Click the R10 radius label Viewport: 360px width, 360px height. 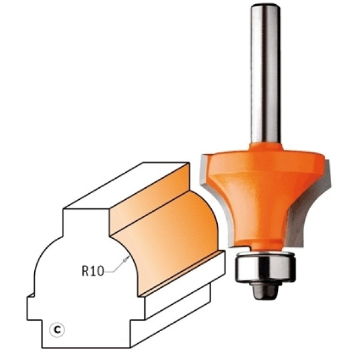[x=93, y=271]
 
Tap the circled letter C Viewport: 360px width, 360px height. [x=57, y=330]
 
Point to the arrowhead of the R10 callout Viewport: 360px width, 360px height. [x=126, y=259]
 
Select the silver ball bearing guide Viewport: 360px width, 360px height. [x=265, y=267]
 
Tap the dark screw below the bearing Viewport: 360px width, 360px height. [x=266, y=290]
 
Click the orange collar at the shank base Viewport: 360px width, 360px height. [x=266, y=146]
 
